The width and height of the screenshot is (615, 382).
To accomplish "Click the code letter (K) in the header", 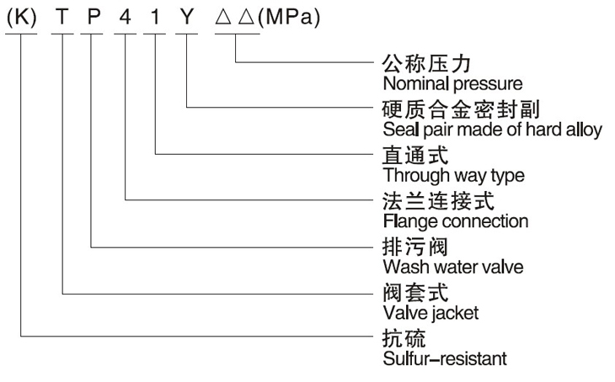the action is [22, 17].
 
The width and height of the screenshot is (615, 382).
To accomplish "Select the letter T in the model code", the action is [62, 17].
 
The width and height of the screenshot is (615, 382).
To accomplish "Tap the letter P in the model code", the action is [94, 17].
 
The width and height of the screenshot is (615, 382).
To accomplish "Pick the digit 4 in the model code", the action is [126, 17].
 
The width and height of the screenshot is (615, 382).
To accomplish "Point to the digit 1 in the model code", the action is [155, 17].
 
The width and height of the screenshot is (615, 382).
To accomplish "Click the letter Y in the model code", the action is [187, 17].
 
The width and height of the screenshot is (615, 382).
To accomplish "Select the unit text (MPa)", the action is [289, 17].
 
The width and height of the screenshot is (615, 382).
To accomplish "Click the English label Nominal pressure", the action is [452, 84].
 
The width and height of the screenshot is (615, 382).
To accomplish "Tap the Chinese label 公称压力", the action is [426, 63].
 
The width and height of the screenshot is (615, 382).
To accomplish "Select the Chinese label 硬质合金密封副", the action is [461, 109].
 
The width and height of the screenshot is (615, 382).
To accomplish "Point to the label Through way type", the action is [454, 176].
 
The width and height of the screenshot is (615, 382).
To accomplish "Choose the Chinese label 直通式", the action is [415, 155].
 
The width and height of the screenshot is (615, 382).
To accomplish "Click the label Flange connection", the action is [456, 221].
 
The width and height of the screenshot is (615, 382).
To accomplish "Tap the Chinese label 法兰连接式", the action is [438, 201].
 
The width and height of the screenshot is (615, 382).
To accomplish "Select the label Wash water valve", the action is [453, 268].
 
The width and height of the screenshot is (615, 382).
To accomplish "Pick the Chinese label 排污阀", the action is [415, 247].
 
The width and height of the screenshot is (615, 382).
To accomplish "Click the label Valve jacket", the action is [430, 313].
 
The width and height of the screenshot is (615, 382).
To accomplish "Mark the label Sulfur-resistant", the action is [445, 359].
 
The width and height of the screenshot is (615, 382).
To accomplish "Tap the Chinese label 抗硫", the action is [404, 338].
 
